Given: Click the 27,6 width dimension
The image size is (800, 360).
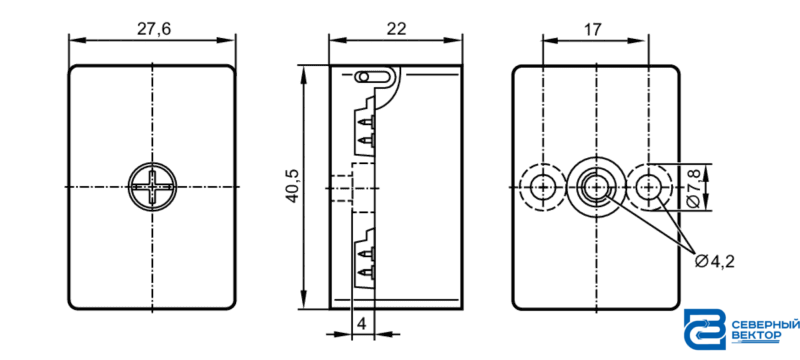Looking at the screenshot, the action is pyautogui.click(x=154, y=29).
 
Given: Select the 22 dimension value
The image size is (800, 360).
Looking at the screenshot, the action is pyautogui.click(x=396, y=29).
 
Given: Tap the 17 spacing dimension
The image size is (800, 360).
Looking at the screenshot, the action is pyautogui.click(x=592, y=29).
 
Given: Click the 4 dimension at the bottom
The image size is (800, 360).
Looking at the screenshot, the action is pyautogui.click(x=362, y=323).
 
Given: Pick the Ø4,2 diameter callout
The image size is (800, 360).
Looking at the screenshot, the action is pyautogui.click(x=715, y=262).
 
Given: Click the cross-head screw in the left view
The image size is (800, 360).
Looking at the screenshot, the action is pyautogui.click(x=152, y=187).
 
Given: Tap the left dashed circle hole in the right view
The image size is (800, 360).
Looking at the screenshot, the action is pyautogui.click(x=542, y=187).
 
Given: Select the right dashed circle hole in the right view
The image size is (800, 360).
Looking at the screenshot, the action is pyautogui.click(x=648, y=187).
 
